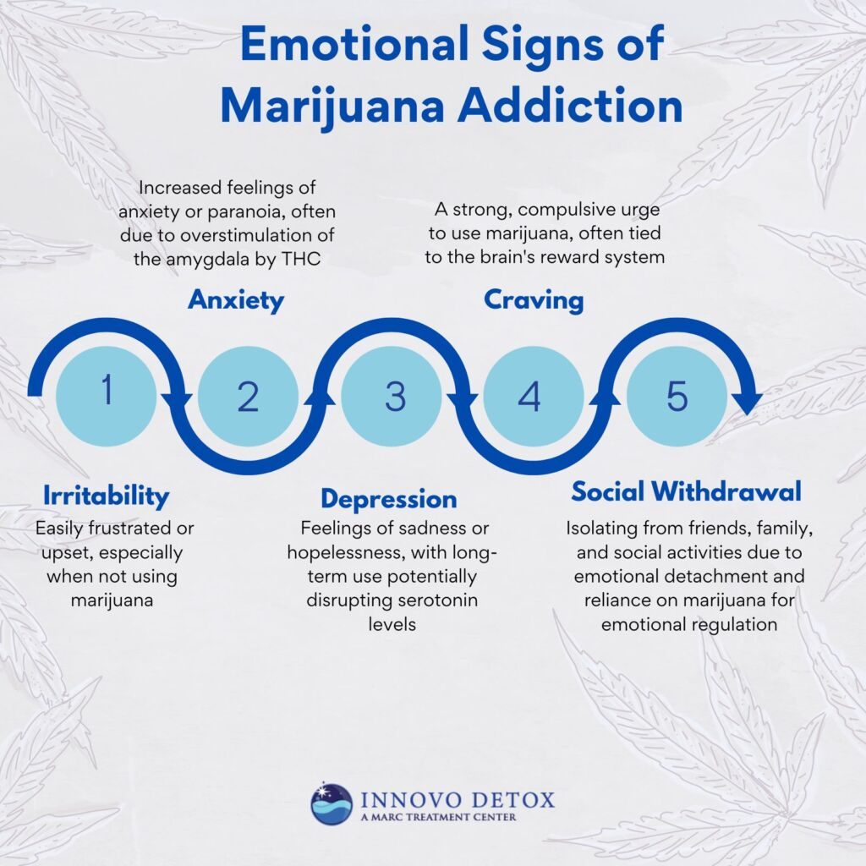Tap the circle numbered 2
click(248, 396)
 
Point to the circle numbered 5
click(677, 396)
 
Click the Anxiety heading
click(236, 300)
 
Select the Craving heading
click(534, 300)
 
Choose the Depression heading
click(388, 498)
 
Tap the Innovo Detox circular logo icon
click(332, 803)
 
